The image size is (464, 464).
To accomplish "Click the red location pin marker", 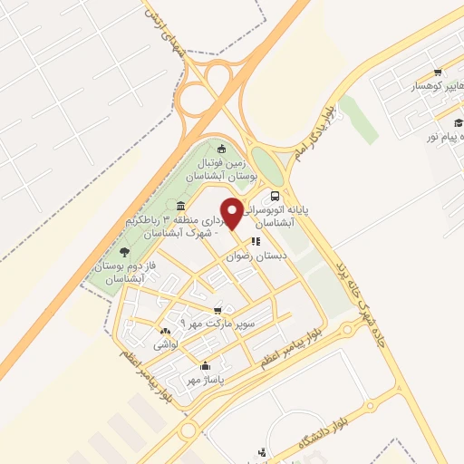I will coord(232,212).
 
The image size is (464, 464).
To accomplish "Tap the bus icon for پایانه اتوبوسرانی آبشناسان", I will coord(275,195).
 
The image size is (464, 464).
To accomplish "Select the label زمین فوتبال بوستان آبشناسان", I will coord(227,167).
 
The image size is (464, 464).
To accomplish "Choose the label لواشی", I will coord(165,345).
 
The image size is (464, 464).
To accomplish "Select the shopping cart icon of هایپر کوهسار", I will coord(438,72).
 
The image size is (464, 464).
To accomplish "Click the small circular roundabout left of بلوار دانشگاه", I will coord(188,430).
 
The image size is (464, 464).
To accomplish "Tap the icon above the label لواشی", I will coord(165,332).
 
